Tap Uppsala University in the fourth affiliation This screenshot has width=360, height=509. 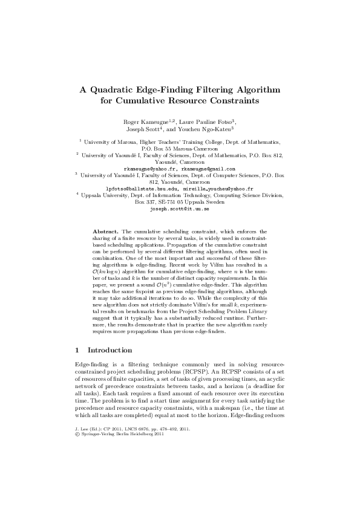coord(108,195)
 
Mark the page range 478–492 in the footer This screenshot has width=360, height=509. coord(174,481)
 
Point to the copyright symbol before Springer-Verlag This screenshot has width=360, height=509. coord(76,487)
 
